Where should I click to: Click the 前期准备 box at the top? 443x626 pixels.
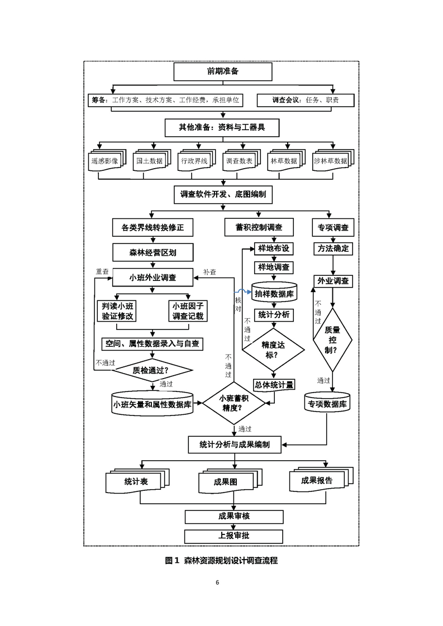[222, 71]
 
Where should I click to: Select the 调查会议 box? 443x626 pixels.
[306, 101]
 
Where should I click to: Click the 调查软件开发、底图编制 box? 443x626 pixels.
[222, 195]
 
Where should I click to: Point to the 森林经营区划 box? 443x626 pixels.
[153, 252]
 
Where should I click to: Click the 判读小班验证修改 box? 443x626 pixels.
[117, 311]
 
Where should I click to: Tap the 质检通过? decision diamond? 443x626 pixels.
[153, 370]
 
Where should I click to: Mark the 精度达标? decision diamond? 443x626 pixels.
[273, 350]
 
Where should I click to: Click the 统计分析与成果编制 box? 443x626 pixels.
[235, 445]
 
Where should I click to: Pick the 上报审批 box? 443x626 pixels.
[234, 536]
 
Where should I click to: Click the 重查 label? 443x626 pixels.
[102, 271]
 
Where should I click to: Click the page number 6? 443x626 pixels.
[217, 582]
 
